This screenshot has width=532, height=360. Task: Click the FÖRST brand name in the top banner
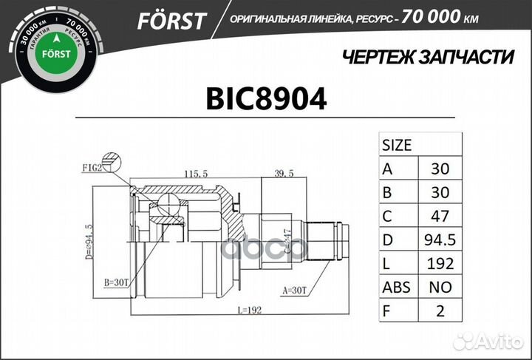[x=171, y=20]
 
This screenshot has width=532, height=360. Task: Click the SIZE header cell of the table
[x=398, y=144]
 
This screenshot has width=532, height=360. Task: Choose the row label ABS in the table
[x=398, y=287]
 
